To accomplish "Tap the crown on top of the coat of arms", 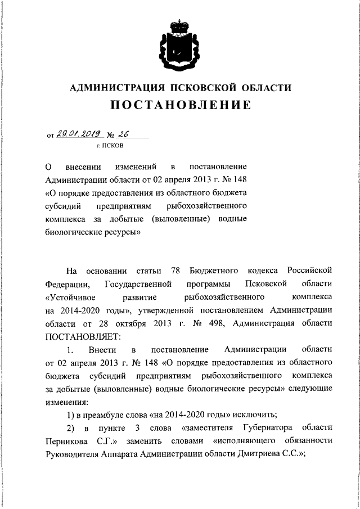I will point(179,25).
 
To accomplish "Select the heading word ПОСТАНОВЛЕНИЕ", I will point(179,105).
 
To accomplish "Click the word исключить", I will point(250,416).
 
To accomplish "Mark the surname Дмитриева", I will point(261,456).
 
